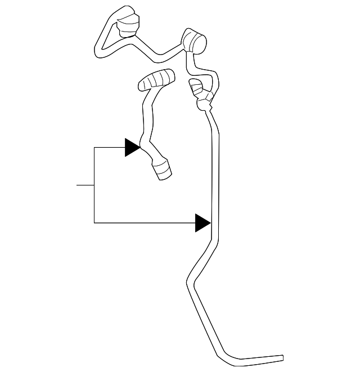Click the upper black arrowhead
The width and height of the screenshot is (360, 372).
point(132,148)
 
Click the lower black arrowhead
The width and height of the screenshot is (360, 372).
point(202,223)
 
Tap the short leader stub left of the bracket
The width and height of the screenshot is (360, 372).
point(85,185)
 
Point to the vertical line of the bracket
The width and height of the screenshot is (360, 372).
point(94,185)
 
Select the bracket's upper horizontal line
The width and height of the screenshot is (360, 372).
point(110,148)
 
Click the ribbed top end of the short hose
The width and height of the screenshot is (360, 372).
point(156,80)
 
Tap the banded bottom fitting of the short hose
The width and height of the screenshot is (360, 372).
point(162,169)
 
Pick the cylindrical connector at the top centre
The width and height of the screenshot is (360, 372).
point(194,42)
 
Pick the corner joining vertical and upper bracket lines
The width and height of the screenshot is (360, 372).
point(94,148)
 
